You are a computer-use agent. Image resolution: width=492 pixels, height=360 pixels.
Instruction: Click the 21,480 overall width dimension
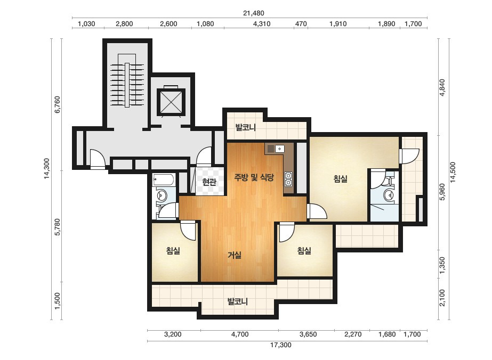click(x=254, y=13)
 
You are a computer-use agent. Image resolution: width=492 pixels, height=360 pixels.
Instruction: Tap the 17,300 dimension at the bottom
click(x=280, y=345)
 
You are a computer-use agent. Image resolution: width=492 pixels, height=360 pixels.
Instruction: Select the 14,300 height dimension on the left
click(x=47, y=169)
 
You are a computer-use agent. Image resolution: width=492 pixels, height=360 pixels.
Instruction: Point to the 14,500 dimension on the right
click(x=453, y=172)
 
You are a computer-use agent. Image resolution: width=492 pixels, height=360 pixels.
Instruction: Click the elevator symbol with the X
click(x=169, y=101)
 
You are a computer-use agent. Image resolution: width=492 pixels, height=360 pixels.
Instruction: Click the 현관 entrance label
click(x=209, y=182)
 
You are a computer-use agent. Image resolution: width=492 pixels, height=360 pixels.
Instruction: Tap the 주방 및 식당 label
click(x=254, y=177)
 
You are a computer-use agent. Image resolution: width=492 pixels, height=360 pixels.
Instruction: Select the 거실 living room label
click(x=235, y=255)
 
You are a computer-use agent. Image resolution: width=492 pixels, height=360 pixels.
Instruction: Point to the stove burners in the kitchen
click(x=288, y=179)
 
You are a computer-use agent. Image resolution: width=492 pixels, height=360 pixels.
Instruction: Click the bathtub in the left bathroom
click(x=163, y=180)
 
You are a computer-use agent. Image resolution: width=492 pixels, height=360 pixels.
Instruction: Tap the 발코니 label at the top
click(x=246, y=127)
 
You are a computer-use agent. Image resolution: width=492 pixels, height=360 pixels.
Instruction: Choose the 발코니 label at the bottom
click(x=238, y=301)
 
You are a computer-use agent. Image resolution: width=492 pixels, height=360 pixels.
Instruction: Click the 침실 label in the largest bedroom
click(x=341, y=179)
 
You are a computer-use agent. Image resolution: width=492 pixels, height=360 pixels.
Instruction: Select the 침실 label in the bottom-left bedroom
click(x=173, y=250)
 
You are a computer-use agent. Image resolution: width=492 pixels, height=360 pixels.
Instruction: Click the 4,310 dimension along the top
click(x=262, y=24)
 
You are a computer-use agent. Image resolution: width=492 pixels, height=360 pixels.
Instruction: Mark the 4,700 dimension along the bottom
click(x=240, y=334)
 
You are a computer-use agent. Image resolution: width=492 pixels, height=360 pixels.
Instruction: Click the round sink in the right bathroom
click(x=389, y=196)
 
